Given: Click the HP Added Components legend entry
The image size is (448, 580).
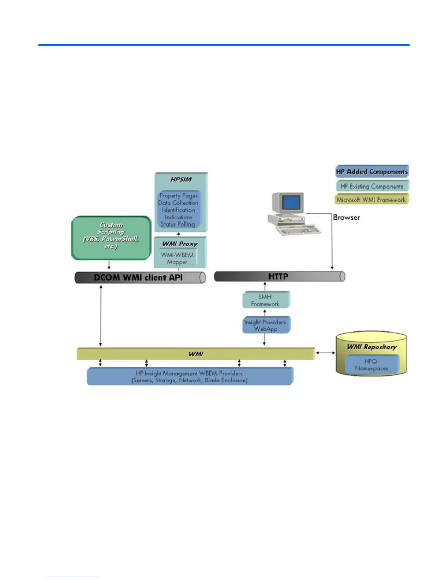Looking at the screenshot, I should (x=372, y=171).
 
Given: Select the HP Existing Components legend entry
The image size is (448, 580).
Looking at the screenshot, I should (x=372, y=186).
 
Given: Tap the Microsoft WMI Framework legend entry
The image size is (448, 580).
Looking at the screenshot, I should (x=371, y=200).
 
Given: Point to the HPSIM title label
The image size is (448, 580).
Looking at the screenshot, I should (x=181, y=179).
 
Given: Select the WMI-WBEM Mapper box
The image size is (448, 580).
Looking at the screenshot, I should (x=178, y=258).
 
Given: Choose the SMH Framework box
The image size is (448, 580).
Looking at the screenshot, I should (x=265, y=300).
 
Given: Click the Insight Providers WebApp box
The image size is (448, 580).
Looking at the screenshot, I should (x=265, y=326).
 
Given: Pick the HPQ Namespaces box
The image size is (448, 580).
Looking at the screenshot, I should (x=371, y=365).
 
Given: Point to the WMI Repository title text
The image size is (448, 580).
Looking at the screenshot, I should (x=372, y=347).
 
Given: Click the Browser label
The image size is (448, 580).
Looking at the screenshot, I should (x=346, y=217).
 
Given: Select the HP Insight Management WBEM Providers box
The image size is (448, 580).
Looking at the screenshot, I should (x=190, y=376).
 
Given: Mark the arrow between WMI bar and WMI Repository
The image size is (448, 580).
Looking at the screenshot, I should (x=325, y=353).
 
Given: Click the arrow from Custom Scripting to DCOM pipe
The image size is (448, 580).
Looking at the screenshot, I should (x=109, y=265).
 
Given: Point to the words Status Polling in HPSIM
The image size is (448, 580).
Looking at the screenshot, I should (x=178, y=224).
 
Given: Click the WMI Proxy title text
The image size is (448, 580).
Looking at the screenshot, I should (x=180, y=244).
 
